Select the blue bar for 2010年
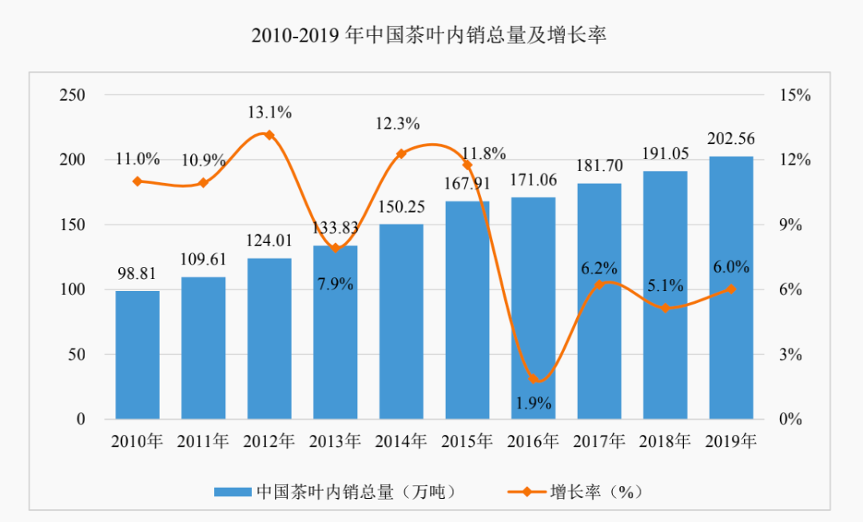[137, 355]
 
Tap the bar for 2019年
[731, 288]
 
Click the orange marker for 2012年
[269, 135]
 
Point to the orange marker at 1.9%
[534, 379]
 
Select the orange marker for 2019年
[731, 289]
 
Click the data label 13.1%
[269, 113]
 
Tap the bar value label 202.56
[731, 139]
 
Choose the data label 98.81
[137, 273]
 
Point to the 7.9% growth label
[336, 284]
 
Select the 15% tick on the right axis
[795, 95]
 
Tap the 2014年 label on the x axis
[401, 440]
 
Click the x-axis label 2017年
[599, 440]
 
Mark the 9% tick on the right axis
[791, 225]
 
